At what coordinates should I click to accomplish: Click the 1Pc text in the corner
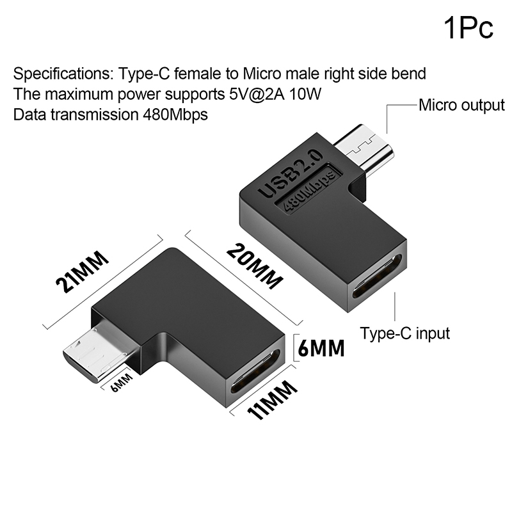(x=468, y=28)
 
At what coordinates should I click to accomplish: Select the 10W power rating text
(x=305, y=94)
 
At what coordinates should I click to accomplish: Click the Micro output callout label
(x=461, y=106)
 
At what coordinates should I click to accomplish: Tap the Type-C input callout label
(x=405, y=333)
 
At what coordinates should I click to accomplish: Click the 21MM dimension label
(x=82, y=271)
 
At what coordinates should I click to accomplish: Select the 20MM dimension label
(x=255, y=266)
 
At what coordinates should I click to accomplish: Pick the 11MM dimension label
(x=271, y=399)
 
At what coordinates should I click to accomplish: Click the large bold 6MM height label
(x=321, y=348)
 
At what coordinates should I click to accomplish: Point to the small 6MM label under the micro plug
(x=122, y=382)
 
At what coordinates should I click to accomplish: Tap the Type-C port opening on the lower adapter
(x=255, y=371)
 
